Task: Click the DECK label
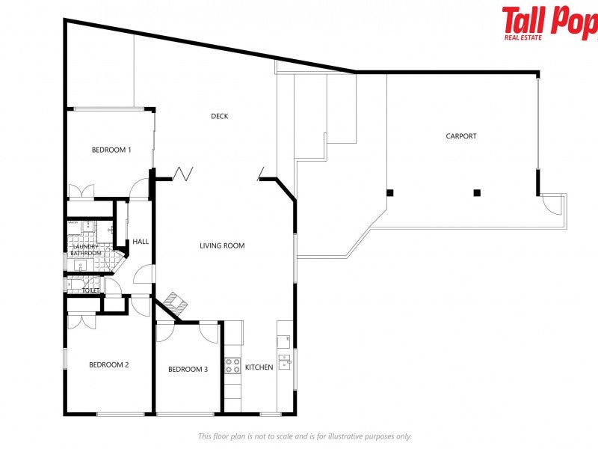click(x=219, y=116)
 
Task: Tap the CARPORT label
click(x=460, y=136)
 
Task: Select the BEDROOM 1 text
click(x=111, y=150)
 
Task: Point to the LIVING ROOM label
click(x=222, y=245)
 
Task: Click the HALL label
click(x=141, y=242)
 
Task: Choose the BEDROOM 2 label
click(x=109, y=365)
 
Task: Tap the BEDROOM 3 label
click(x=188, y=369)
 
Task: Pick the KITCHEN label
click(x=259, y=367)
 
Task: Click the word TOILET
click(x=90, y=290)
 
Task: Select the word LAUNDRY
click(x=84, y=246)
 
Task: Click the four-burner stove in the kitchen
click(x=232, y=366)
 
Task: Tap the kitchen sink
click(x=285, y=362)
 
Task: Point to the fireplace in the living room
click(x=176, y=302)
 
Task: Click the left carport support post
click(x=389, y=192)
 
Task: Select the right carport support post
click(x=477, y=192)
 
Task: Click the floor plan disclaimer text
click(x=304, y=436)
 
